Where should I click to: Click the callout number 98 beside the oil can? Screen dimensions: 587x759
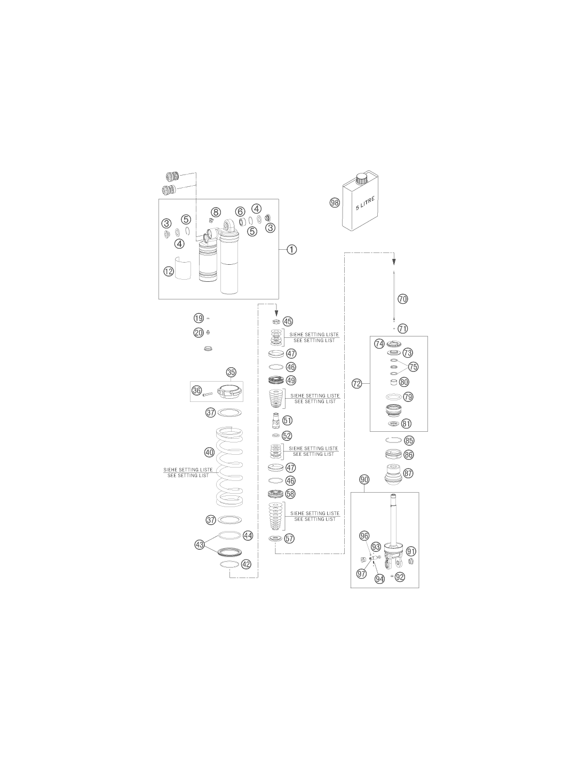(335, 203)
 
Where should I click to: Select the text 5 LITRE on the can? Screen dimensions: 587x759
(365, 203)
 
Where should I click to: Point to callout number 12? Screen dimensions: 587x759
(169, 271)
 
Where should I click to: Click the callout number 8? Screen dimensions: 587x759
(216, 212)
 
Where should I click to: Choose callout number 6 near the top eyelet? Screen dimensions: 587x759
(240, 211)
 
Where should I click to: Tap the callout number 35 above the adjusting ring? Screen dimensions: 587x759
(231, 373)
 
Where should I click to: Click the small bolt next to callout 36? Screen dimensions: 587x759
(208, 394)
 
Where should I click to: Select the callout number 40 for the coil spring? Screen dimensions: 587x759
(209, 452)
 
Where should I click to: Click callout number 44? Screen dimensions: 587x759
(248, 535)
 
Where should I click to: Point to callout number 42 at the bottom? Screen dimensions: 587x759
(246, 564)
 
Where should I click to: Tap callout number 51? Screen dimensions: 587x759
(288, 420)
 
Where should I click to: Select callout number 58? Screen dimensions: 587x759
(290, 494)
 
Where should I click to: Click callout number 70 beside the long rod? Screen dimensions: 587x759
(402, 299)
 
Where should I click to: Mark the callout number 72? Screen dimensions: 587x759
(356, 384)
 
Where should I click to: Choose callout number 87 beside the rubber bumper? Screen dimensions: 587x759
(408, 473)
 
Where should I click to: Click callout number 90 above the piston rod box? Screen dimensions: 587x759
(364, 479)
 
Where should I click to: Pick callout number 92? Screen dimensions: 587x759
(400, 577)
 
